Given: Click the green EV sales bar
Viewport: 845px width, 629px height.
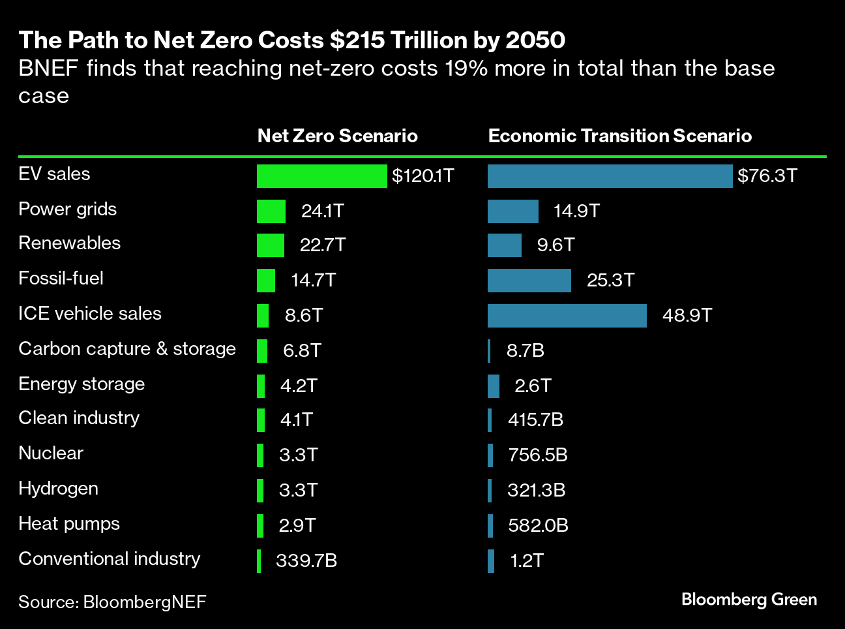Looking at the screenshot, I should [321, 176].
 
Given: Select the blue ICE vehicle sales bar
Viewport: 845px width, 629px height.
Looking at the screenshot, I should [567, 316].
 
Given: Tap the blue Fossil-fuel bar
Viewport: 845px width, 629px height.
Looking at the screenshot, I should [529, 281].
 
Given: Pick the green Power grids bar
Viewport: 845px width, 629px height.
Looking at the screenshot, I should [271, 211].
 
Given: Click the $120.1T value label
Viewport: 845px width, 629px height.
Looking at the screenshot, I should [422, 176].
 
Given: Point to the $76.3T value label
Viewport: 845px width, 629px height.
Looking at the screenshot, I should [767, 176].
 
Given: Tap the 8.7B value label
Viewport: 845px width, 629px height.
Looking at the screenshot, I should [526, 351].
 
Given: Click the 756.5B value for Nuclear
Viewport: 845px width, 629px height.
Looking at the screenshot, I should [538, 455].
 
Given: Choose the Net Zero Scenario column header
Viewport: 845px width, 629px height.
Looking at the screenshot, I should [337, 136].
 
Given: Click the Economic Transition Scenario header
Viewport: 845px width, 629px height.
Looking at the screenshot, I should [619, 136].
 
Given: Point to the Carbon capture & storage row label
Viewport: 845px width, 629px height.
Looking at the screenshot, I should [127, 349].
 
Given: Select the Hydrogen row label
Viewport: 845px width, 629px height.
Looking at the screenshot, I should [58, 489].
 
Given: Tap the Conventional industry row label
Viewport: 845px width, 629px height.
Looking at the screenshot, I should [109, 559].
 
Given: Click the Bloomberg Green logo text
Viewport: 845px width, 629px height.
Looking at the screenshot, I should [749, 600].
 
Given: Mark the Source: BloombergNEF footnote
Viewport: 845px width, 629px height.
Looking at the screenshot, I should [112, 602].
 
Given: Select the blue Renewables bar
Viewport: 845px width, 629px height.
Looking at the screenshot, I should [504, 245].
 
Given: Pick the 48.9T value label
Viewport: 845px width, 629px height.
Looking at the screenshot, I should [687, 316].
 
